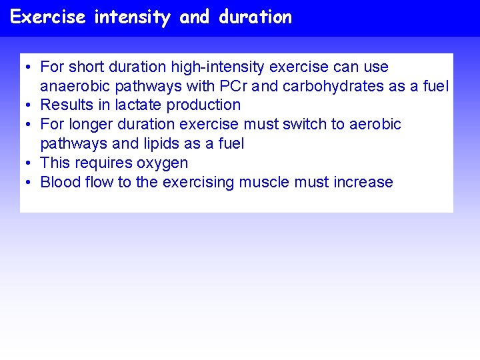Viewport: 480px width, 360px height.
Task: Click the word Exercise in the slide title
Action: (x=48, y=17)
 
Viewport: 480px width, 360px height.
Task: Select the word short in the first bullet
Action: (x=87, y=67)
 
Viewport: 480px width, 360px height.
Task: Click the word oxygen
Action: (x=163, y=163)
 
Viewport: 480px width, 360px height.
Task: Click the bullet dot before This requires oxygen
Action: (x=30, y=163)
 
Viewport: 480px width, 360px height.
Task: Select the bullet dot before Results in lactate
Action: (x=30, y=105)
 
